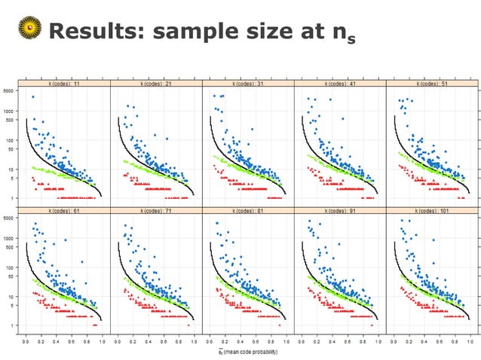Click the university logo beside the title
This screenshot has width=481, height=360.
29,31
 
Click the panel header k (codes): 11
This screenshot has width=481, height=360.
65,84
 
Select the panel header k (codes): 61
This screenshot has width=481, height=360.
65,212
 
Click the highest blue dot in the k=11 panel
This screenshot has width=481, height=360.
33,97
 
